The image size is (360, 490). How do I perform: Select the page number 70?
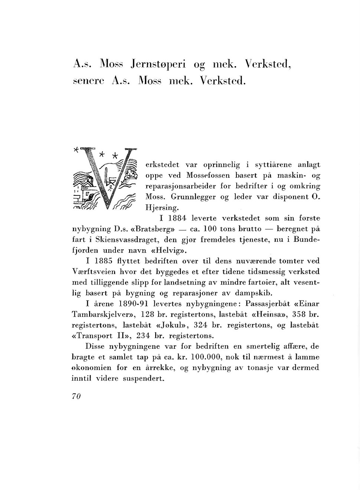coord(76,396)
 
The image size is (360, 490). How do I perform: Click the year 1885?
coord(102,261)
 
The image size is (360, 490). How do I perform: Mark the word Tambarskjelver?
coord(102,315)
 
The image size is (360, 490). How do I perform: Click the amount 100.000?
coord(205,357)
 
